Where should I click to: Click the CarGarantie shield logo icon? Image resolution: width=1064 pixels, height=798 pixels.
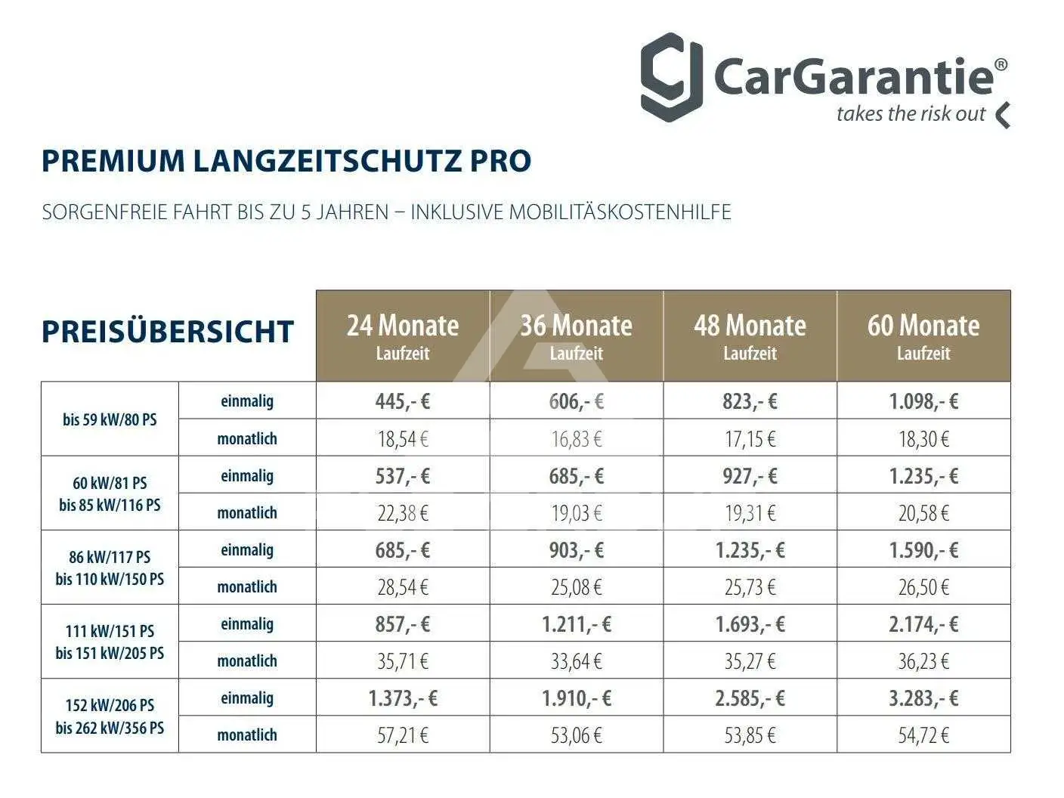[671, 78]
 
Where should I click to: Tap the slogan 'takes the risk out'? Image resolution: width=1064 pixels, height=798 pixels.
[911, 114]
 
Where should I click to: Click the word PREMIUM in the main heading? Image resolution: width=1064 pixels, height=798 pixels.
[113, 161]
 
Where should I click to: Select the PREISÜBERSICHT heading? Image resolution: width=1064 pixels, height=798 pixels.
[168, 332]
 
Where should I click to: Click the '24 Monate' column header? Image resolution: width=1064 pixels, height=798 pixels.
[403, 336]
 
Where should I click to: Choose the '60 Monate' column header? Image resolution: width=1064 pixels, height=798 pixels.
[923, 336]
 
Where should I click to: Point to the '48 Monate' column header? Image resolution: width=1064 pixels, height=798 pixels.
[750, 336]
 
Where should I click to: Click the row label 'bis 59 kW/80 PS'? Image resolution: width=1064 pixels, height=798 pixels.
[110, 419]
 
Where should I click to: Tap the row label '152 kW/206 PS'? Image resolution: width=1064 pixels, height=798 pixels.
[110, 706]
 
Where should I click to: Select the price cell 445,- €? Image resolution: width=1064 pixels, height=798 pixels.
[403, 401]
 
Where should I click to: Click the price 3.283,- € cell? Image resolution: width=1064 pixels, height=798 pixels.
[923, 698]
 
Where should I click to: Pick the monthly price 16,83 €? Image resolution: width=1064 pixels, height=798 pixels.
[577, 439]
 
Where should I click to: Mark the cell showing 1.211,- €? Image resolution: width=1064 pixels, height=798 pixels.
[577, 624]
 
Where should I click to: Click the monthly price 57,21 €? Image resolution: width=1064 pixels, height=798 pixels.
[403, 735]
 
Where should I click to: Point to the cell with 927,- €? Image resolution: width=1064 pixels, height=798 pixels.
[750, 476]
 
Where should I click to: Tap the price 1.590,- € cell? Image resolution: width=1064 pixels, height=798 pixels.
[923, 550]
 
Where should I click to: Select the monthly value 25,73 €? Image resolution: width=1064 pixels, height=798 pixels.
[750, 587]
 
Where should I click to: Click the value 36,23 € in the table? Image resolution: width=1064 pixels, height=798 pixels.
[923, 661]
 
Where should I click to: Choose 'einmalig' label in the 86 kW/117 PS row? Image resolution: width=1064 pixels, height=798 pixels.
[247, 550]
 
